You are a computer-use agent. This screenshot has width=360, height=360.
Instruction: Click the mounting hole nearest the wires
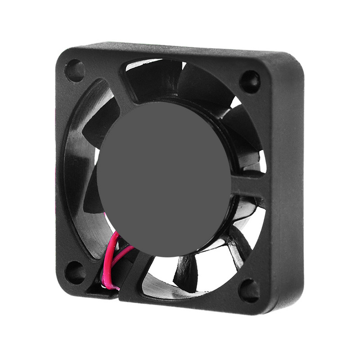[75, 271]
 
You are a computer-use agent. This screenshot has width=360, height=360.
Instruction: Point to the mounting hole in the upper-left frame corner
[75, 71]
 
